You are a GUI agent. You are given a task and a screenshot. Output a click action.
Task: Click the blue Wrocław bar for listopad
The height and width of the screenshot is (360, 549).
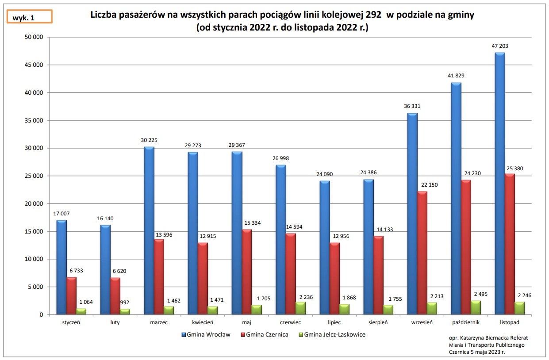pyautogui.click(x=500, y=184)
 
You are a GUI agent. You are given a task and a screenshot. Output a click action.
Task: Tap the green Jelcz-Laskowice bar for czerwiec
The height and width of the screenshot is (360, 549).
pyautogui.click(x=301, y=308)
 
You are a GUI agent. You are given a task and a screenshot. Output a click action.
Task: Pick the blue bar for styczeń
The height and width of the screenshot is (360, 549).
pyautogui.click(x=61, y=267)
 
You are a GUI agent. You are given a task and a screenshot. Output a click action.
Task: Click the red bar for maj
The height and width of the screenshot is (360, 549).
pyautogui.click(x=247, y=272)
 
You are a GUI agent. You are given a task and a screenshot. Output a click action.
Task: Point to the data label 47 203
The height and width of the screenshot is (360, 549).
pyautogui.click(x=500, y=46)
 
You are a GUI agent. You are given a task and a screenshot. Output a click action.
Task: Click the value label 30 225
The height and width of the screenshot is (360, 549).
pyautogui.click(x=149, y=140)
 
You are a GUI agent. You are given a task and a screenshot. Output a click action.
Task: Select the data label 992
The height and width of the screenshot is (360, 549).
pyautogui.click(x=125, y=303)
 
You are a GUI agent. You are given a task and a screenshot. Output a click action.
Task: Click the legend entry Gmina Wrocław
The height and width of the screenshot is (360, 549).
pyautogui.click(x=206, y=334)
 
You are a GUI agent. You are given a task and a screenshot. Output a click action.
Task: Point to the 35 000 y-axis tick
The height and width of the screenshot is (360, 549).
pyautogui.click(x=33, y=120)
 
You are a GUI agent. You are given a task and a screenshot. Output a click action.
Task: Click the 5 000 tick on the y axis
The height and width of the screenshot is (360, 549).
pyautogui.click(x=35, y=287)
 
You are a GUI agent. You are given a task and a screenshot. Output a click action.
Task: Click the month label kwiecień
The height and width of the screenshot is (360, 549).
pyautogui.click(x=203, y=322)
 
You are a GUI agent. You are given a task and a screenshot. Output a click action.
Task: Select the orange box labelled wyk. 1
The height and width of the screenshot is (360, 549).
pyautogui.click(x=30, y=16)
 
